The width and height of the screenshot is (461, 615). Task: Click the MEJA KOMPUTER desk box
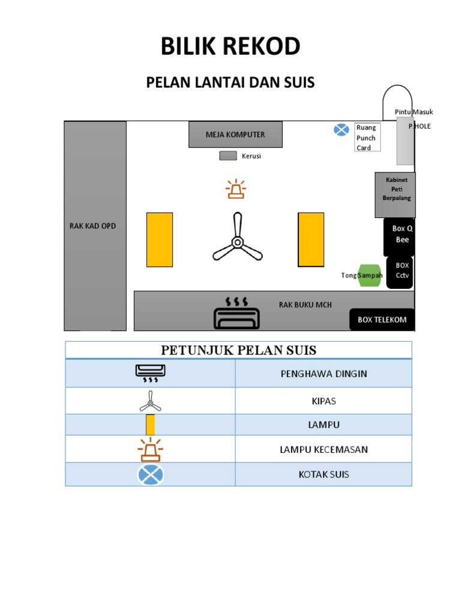(x=235, y=135)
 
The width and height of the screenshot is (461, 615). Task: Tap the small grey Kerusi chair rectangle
(x=228, y=156)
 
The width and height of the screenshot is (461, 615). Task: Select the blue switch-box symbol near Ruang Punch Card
(x=342, y=130)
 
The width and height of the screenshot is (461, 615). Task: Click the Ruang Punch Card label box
(x=366, y=138)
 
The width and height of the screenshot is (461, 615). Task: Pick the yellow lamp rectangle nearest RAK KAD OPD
(x=160, y=239)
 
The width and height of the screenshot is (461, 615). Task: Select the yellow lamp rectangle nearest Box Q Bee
(x=311, y=239)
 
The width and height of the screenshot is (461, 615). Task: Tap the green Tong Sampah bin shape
(x=370, y=276)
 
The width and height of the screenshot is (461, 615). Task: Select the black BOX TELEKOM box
(x=382, y=320)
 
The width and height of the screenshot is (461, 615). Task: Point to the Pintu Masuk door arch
(x=398, y=103)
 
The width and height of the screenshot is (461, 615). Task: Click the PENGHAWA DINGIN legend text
(x=324, y=374)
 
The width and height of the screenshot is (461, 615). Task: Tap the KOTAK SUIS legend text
(x=324, y=474)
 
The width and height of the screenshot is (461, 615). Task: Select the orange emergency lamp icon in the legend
(x=151, y=449)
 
